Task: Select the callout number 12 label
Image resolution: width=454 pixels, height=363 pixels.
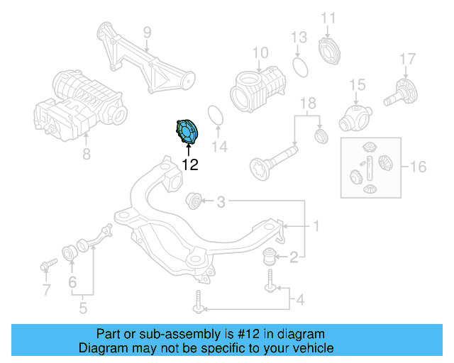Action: [x=189, y=164]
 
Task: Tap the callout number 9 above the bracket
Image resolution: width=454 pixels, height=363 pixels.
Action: [x=148, y=32]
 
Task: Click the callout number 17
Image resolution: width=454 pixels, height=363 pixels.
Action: [x=406, y=58]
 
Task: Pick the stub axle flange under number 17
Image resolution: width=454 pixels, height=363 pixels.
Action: [x=402, y=93]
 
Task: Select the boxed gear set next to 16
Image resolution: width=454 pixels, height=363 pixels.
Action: [x=370, y=168]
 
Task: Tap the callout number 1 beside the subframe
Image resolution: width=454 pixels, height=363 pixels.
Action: [x=316, y=226]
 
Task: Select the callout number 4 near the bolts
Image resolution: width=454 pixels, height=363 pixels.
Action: [x=299, y=301]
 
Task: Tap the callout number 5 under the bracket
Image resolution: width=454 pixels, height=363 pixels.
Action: [x=83, y=308]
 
